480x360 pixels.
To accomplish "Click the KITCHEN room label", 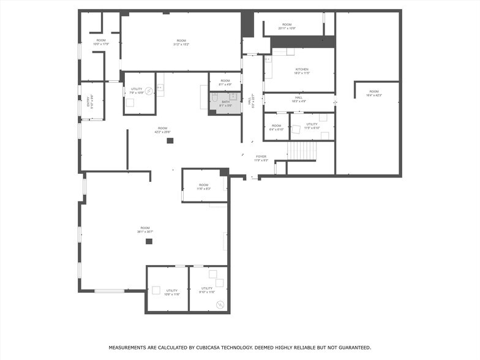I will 302,69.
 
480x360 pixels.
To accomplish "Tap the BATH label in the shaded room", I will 225,102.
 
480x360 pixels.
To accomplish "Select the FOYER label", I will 261,156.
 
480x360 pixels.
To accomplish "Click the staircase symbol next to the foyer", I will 302,151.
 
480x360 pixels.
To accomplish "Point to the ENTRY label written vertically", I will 91,100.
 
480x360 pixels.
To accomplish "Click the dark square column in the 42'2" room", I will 170,141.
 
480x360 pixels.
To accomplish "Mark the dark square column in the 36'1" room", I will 149,241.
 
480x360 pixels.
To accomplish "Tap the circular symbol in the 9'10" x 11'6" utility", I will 220,304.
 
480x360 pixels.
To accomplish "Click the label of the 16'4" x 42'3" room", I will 373,91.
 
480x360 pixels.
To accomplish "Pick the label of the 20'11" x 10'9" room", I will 287,24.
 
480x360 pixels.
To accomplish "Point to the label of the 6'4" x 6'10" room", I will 276,126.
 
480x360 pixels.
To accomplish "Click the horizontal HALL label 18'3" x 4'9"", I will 299,97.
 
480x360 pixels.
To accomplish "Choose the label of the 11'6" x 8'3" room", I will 203,185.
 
